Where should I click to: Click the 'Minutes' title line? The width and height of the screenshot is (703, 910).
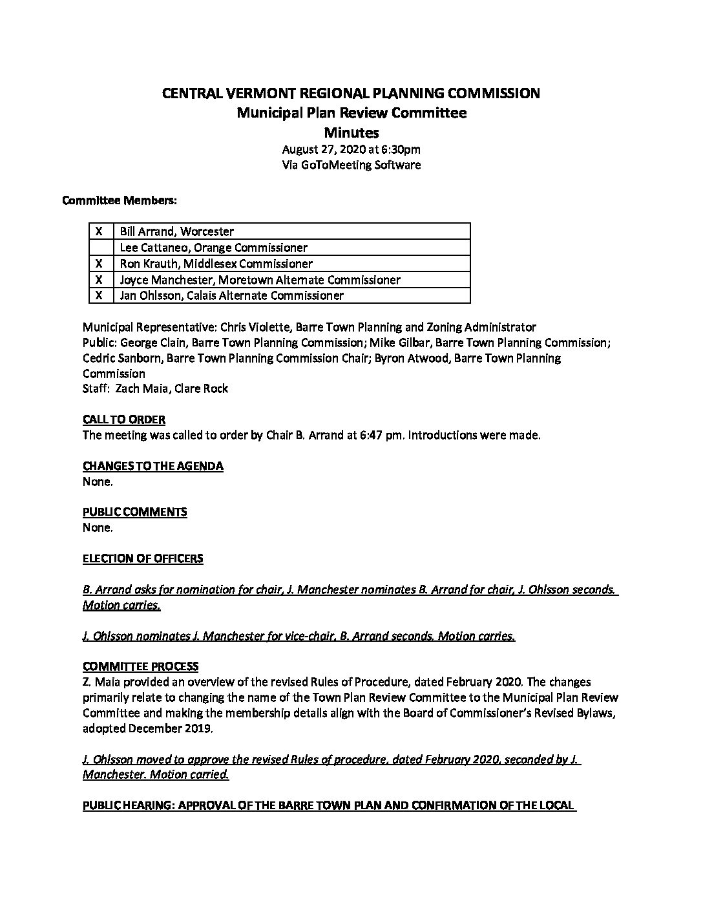point(351,133)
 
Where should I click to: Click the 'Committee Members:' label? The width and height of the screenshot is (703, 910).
point(120,201)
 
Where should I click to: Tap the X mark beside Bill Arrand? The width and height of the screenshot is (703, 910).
point(100,231)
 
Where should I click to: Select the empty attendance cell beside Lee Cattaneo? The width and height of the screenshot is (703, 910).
point(100,248)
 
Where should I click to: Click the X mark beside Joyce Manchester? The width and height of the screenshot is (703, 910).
point(100,280)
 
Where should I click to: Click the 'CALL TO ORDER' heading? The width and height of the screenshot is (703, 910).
point(124,419)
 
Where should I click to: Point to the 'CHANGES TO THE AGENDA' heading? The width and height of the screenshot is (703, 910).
point(153,466)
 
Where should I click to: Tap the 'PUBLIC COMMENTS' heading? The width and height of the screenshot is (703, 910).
point(135,512)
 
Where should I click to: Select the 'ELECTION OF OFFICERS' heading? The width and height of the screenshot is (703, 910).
point(143,558)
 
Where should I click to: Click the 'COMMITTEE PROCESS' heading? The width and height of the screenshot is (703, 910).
point(141,666)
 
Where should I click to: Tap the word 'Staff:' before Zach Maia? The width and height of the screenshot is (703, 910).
point(96,388)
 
